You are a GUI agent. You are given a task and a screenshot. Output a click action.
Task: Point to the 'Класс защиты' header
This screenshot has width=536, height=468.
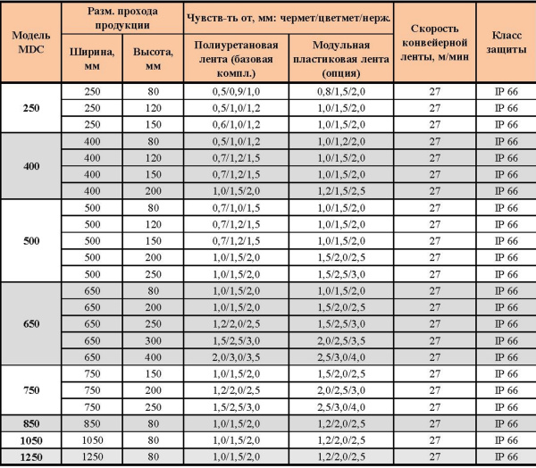pyautogui.click(x=504, y=41)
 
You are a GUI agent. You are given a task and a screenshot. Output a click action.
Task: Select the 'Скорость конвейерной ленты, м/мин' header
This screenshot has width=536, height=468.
pyautogui.click(x=435, y=41)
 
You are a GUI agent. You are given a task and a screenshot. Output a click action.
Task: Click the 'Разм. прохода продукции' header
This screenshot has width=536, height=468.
pyautogui.click(x=122, y=17)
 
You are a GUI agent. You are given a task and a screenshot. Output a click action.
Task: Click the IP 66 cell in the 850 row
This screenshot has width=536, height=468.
pyautogui.click(x=504, y=423)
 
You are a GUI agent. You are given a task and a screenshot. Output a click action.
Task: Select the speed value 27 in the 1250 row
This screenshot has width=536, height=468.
pyautogui.click(x=435, y=457)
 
